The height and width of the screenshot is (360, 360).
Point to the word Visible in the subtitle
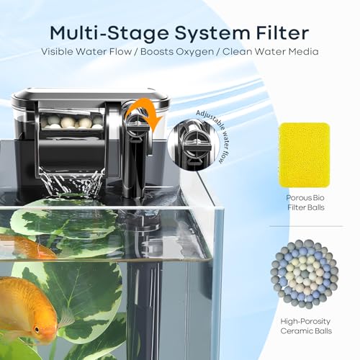pyautogui.click(x=57, y=51)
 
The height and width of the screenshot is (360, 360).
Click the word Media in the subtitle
pyautogui.click(x=304, y=51)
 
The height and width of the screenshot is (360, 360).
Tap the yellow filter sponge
pyautogui.click(x=304, y=156)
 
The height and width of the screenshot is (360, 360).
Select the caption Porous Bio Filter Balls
pyautogui.click(x=305, y=202)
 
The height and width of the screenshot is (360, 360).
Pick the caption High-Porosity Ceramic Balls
pyautogui.click(x=306, y=326)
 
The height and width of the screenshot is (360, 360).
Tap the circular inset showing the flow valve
pyautogui.click(x=193, y=144)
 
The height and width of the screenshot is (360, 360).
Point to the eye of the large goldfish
pyautogui.click(x=37, y=329)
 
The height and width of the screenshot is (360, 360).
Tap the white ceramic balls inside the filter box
pyautogui.click(x=71, y=122)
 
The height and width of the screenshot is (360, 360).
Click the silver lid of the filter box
pyautogui.click(x=91, y=96)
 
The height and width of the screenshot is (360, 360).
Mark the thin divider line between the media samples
pyautogui.click(x=306, y=226)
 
